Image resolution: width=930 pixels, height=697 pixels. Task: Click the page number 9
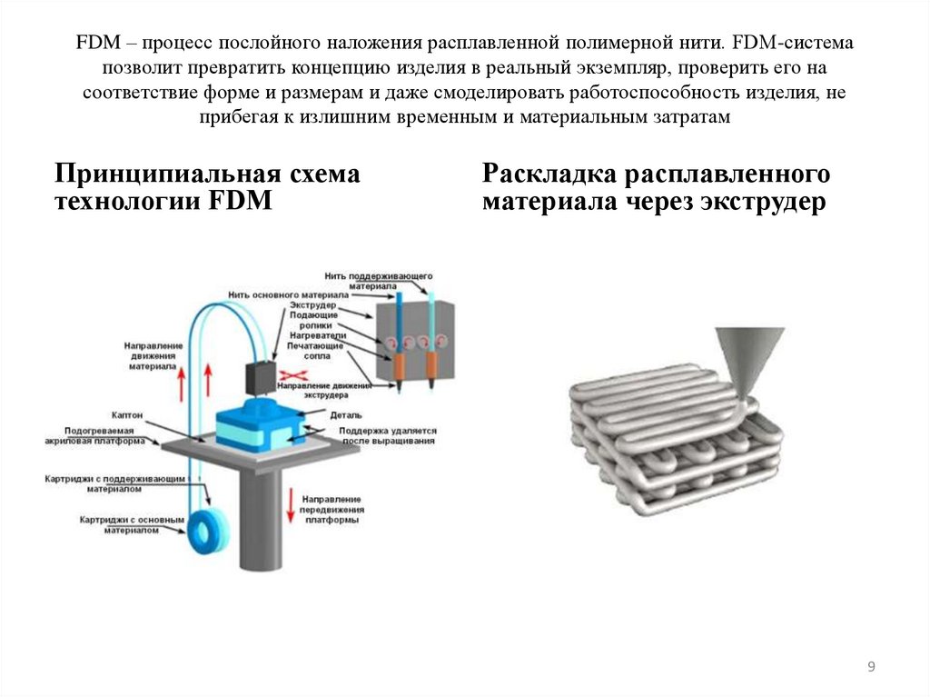tap(871, 668)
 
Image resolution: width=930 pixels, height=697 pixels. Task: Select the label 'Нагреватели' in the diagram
tap(318, 335)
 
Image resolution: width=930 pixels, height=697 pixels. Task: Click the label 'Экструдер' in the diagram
tap(314, 305)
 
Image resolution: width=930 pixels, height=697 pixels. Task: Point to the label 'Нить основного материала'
tap(275, 295)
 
